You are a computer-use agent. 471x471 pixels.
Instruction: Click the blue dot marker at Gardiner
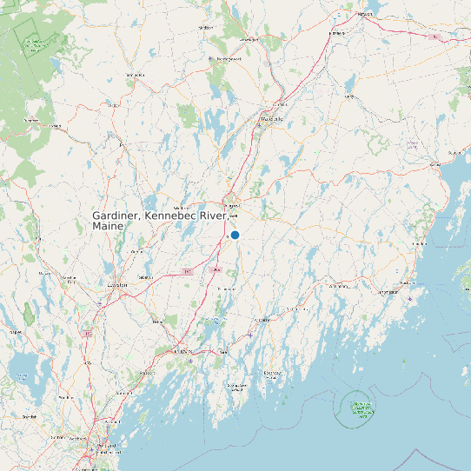click(235, 235)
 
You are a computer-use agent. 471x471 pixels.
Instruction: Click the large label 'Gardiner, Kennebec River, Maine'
click(161, 220)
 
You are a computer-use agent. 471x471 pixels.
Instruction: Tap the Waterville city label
click(272, 122)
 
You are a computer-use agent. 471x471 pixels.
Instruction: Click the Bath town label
click(222, 352)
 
